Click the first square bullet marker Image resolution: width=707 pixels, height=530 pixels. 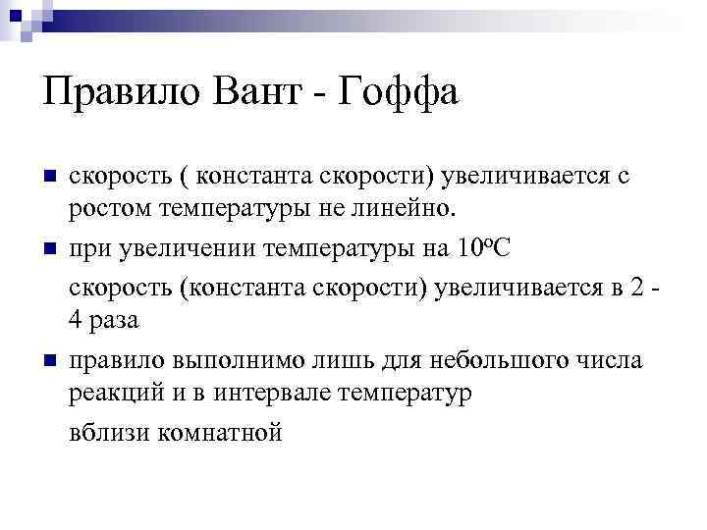click(52, 178)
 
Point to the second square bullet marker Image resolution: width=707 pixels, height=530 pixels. click(52, 247)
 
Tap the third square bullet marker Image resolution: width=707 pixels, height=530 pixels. click(52, 361)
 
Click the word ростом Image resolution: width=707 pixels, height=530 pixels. click(103, 209)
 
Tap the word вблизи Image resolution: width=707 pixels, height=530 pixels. click(105, 432)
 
